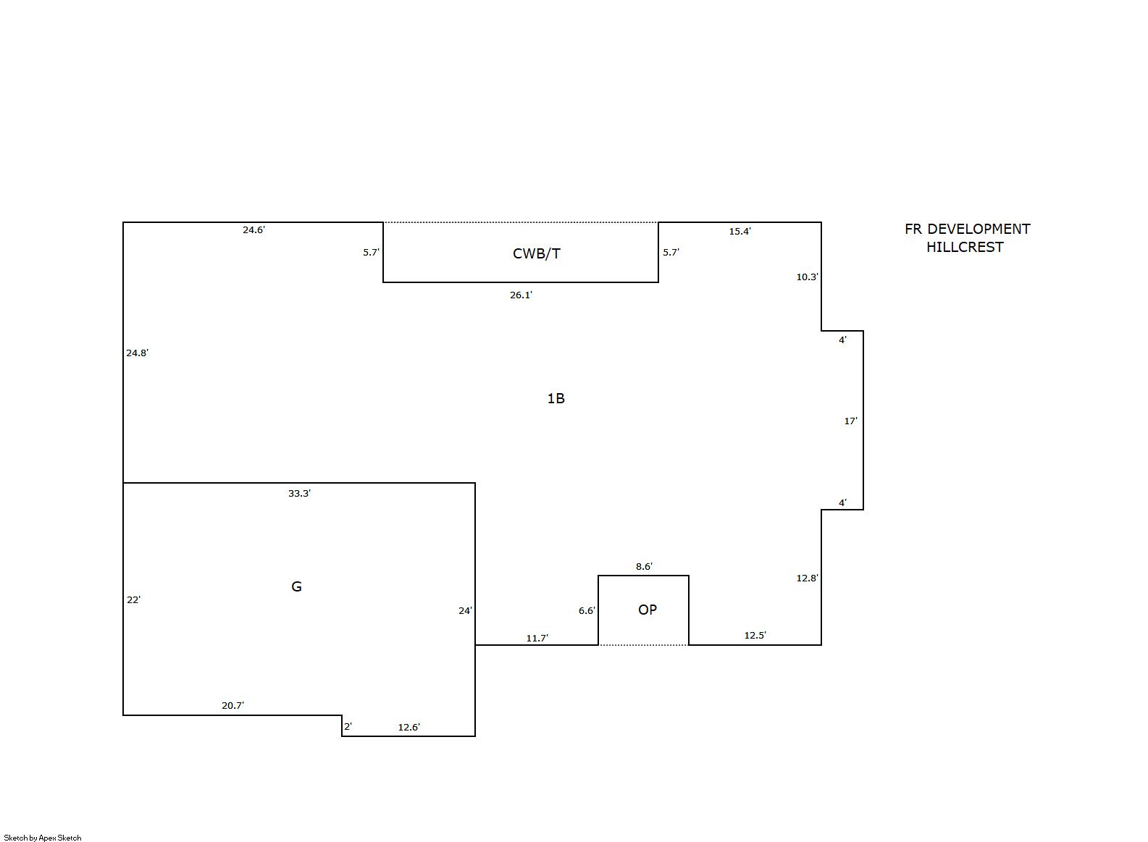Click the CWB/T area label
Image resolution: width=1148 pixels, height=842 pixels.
point(536,253)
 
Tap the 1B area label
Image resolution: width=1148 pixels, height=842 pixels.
point(556,398)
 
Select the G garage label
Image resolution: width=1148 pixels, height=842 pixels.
point(296,586)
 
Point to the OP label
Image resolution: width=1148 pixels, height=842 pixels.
point(648,610)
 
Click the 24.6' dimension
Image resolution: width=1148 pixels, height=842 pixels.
point(254,230)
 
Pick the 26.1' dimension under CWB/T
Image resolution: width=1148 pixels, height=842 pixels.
point(521,295)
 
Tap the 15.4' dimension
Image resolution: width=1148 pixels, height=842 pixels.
point(740,232)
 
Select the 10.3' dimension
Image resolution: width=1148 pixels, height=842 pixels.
point(807,277)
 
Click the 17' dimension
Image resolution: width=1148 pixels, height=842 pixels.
point(851,421)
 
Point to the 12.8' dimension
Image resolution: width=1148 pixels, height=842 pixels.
point(807,578)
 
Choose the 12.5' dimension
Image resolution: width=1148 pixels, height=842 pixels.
point(755,636)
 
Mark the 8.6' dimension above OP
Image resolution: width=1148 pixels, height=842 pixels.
point(644,566)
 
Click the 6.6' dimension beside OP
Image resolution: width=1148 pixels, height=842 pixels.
point(587,610)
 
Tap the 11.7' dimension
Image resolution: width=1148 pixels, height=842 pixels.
point(537,638)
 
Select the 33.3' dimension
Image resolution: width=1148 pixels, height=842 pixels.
point(299,493)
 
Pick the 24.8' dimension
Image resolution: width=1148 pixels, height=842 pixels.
point(138,353)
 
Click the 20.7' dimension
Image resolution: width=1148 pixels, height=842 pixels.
point(232,705)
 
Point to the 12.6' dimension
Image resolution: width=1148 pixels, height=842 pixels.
point(409,728)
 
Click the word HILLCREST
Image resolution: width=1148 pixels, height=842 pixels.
point(965,248)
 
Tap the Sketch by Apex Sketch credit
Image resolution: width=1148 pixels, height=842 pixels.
point(43,838)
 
